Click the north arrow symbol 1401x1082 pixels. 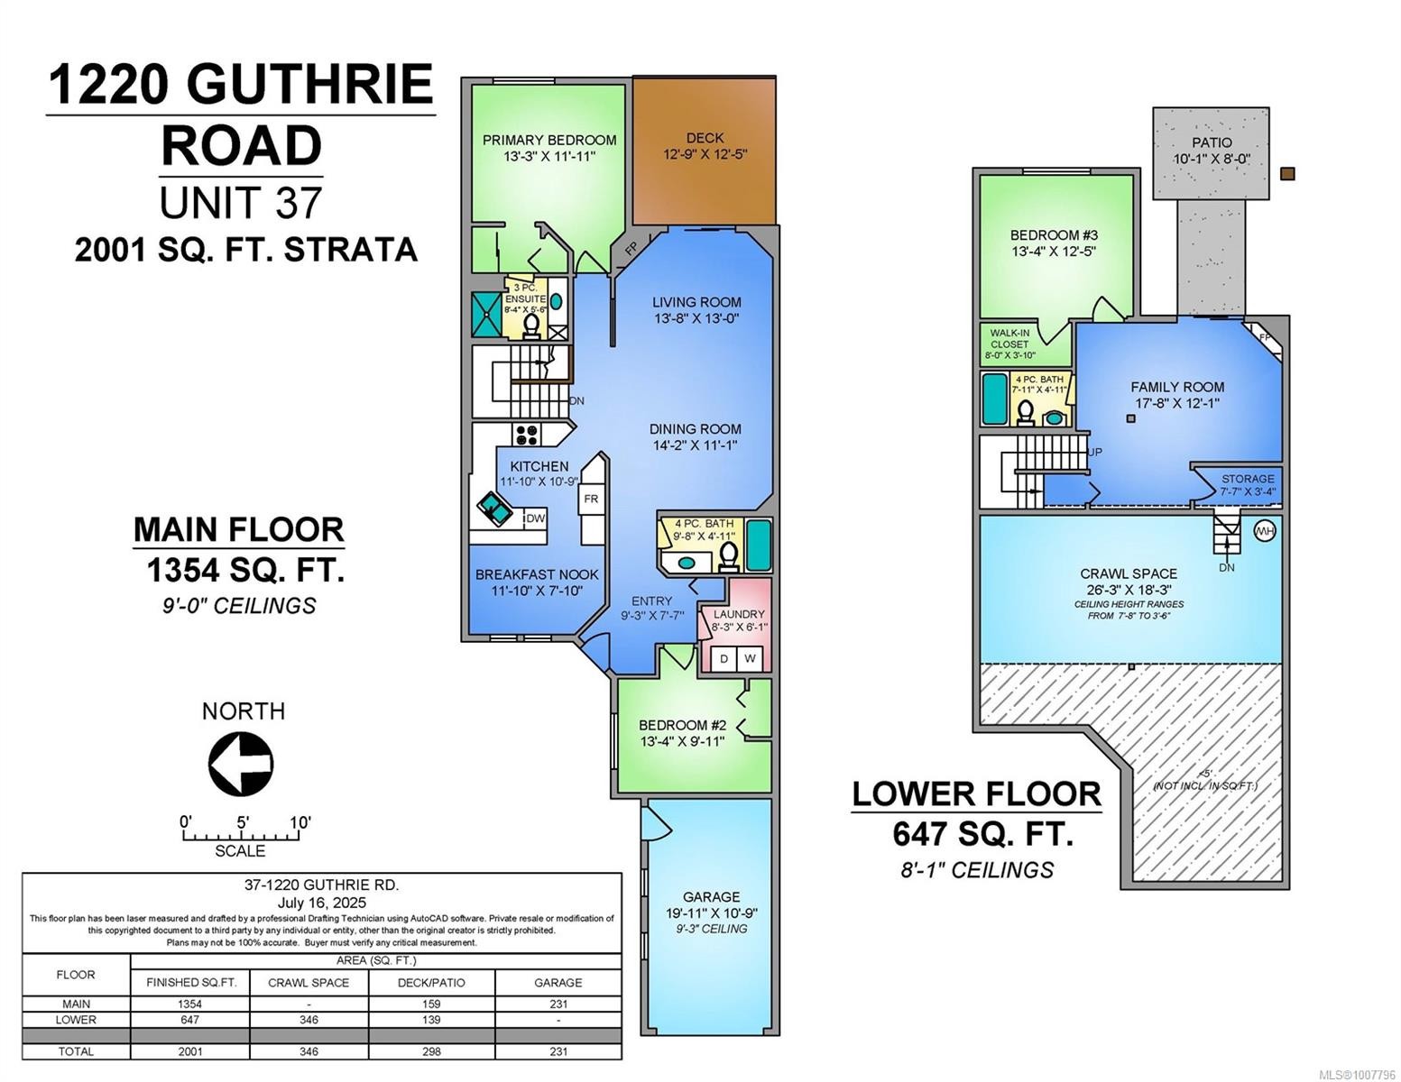tap(241, 764)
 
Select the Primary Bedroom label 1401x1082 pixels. tap(549, 140)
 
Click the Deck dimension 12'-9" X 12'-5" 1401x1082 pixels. tap(705, 154)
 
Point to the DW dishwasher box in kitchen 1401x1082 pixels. tap(536, 518)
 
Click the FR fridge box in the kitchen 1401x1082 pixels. tap(591, 499)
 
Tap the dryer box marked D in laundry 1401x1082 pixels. tap(724, 659)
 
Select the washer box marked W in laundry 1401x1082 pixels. tap(750, 659)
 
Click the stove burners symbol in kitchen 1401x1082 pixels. tap(526, 435)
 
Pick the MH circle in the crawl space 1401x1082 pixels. tap(1265, 531)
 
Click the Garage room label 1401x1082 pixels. tap(711, 896)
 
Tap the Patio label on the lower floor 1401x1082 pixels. tap(1211, 142)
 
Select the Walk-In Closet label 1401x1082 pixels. tap(1009, 338)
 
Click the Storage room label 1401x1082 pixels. tap(1248, 479)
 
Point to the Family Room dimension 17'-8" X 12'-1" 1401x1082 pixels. tap(1177, 403)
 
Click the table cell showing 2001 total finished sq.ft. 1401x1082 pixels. tap(190, 1051)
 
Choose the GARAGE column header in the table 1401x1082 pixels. tap(558, 982)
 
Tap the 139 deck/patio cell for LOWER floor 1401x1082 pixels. tap(431, 1020)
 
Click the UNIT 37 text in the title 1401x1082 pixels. tap(240, 202)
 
